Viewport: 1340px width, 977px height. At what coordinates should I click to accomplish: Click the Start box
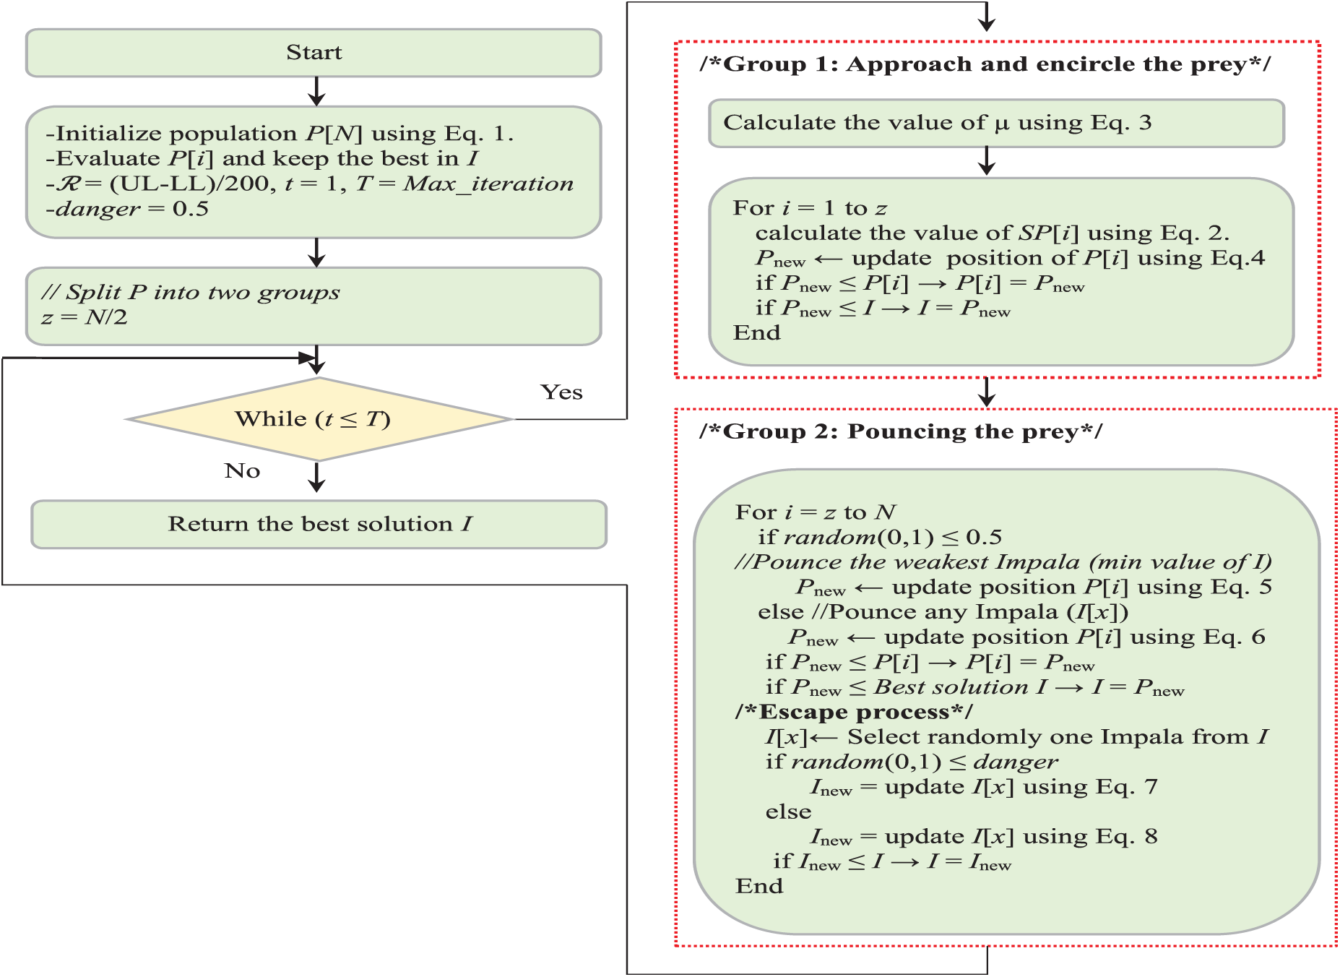point(314,53)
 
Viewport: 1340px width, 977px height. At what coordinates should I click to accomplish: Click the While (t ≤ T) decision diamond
point(318,419)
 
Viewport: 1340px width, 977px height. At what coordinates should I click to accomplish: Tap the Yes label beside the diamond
point(561,392)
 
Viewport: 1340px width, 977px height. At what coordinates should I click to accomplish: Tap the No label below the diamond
point(242,471)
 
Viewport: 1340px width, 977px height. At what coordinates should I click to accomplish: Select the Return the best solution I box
point(319,524)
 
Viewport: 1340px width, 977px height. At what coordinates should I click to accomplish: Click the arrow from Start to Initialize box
point(316,92)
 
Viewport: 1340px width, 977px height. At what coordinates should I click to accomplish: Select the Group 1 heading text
point(985,64)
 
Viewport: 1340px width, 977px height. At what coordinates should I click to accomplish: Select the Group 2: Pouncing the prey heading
point(901,432)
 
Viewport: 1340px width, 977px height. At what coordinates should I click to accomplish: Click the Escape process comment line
point(854,713)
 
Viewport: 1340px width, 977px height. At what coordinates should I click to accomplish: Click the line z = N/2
point(85,317)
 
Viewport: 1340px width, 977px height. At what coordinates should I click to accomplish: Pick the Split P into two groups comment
point(191,293)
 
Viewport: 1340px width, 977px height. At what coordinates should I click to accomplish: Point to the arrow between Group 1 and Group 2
point(987,393)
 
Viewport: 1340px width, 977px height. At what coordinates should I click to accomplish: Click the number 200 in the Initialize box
point(246,184)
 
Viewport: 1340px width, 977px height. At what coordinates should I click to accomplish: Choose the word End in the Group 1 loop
point(757,333)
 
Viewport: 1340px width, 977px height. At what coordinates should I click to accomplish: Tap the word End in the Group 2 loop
point(759,887)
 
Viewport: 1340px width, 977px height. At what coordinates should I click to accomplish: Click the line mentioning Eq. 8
point(983,838)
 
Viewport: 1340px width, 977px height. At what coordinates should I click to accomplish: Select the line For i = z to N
point(816,513)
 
